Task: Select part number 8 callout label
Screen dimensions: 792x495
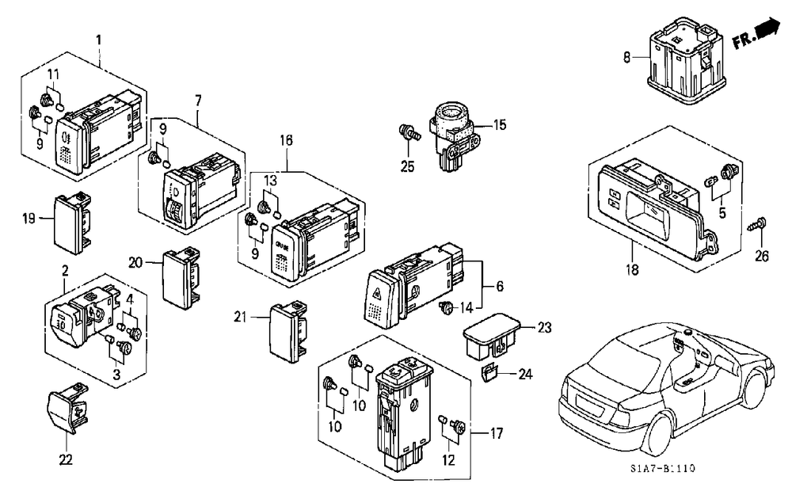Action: (x=626, y=58)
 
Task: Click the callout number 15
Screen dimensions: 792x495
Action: (x=500, y=124)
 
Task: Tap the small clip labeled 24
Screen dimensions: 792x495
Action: (x=489, y=373)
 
